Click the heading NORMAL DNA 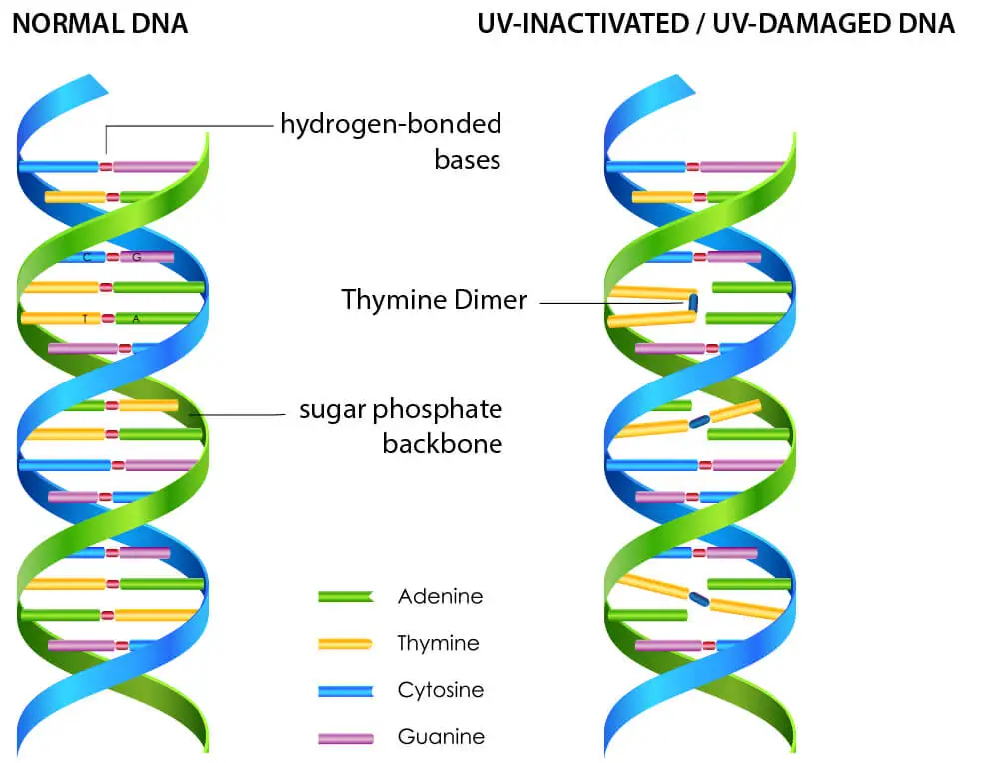tap(99, 23)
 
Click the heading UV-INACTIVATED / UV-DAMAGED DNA tap(716, 23)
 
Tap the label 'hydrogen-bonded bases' tap(391, 141)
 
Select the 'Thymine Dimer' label tap(434, 299)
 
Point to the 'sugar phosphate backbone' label tap(401, 425)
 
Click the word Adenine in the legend tap(440, 596)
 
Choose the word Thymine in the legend tap(438, 643)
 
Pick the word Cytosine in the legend tap(441, 690)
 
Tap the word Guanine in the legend tap(441, 737)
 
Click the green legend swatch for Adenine tap(345, 597)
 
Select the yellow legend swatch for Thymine tap(345, 644)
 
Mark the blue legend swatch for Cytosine tap(345, 691)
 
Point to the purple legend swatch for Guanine tap(345, 738)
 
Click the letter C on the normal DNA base tap(88, 257)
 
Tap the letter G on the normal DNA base tap(137, 257)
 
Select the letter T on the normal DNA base tap(84, 319)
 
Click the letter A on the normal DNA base tap(136, 319)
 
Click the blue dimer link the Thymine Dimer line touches tap(692, 301)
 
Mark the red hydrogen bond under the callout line tap(105, 166)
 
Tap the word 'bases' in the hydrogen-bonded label tap(467, 160)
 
